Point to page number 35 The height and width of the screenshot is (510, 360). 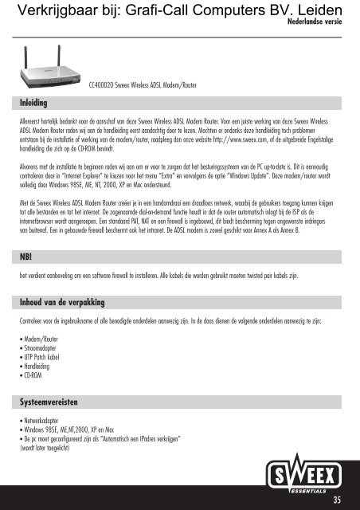[338, 500]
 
